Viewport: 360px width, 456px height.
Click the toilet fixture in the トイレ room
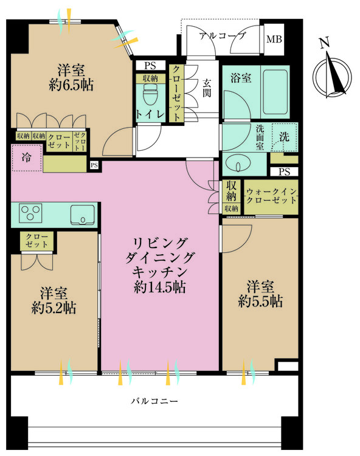point(151,94)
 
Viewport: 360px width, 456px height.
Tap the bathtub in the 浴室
point(275,92)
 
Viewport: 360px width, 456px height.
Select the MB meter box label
point(274,39)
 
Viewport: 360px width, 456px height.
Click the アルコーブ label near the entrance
point(223,36)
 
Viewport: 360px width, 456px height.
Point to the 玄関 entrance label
point(207,88)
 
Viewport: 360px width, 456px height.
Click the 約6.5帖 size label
point(71,85)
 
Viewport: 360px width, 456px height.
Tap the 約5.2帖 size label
point(54,308)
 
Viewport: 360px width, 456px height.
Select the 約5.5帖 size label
point(260,302)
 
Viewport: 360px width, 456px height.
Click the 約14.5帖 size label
point(160,288)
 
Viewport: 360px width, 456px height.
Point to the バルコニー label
point(154,401)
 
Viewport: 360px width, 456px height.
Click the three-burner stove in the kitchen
point(30,213)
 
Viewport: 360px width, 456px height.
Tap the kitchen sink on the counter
point(83,215)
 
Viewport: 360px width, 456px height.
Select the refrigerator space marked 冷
point(27,158)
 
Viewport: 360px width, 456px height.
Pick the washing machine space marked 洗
point(285,137)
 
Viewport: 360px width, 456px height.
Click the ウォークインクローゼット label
point(271,196)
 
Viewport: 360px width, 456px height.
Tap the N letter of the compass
point(325,43)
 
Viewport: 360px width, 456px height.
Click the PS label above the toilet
point(150,66)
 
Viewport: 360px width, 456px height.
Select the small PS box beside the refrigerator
point(94,165)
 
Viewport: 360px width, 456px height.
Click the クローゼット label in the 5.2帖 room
point(36,240)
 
